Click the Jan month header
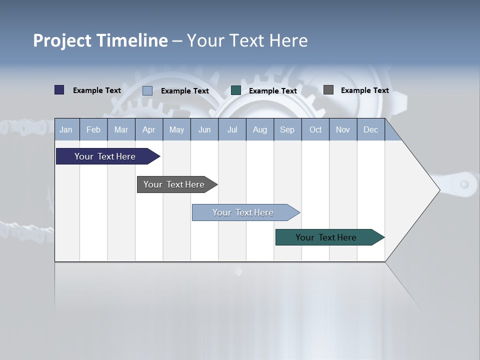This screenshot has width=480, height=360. coord(66,129)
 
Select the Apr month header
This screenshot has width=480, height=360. coord(148,129)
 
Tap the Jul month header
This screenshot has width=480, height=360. coord(232,129)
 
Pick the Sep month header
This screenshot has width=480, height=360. coord(287,129)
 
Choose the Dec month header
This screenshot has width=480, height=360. coord(370,129)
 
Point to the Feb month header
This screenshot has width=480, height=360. coord(93,129)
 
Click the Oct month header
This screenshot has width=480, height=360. coord(315,129)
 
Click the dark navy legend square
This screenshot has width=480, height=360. coord(59,90)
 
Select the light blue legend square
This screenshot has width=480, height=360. coord(147,90)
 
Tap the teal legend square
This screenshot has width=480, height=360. coord(236,90)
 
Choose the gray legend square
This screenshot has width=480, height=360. coord(328,90)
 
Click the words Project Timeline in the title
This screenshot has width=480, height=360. coord(100,40)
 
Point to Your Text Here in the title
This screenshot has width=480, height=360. coord(247,40)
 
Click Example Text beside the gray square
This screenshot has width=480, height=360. coord(364,90)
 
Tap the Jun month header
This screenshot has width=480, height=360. coord(204,129)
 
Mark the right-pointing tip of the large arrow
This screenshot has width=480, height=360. coord(438,189)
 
